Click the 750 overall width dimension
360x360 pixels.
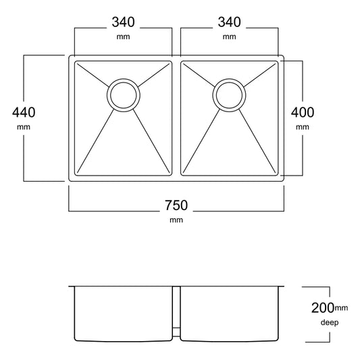pos(176,205)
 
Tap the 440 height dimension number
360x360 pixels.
pos(24,112)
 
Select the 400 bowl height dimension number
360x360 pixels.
pos(303,112)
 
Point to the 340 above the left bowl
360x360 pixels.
pos(124,22)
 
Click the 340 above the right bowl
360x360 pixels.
pos(230,22)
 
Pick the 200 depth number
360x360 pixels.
pos(323,307)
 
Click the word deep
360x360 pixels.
pos(330,322)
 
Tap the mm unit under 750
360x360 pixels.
pos(176,220)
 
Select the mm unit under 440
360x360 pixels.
pos(24,127)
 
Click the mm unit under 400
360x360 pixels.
pos(303,127)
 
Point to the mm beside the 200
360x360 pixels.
pos(341,307)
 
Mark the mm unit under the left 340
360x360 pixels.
pos(124,36)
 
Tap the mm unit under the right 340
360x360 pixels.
pos(230,36)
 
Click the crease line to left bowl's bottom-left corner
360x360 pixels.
pos(96,141)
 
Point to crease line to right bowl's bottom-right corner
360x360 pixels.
pos(257,141)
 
